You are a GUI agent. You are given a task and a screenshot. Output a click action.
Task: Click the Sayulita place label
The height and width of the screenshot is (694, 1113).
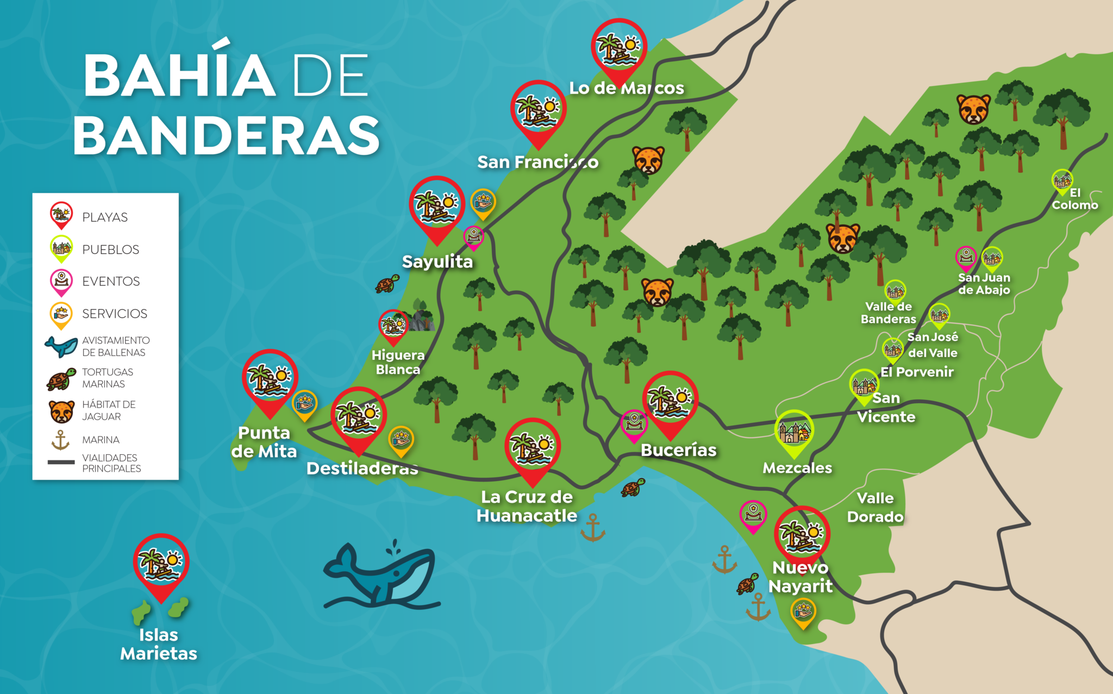pos(437,262)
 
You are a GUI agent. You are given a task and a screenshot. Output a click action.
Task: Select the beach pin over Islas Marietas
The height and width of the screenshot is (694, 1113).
pos(161,564)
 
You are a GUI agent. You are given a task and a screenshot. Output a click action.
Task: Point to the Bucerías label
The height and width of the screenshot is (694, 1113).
pos(678,450)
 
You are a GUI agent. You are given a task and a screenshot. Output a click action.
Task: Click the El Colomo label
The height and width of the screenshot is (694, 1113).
pos(1074,199)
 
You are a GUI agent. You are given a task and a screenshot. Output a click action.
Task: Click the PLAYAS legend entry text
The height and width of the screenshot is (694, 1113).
pos(105,217)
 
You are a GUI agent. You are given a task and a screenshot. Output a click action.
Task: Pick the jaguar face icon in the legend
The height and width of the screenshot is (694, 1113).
pos(61,411)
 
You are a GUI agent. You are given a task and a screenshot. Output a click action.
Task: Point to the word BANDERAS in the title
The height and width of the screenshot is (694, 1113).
pos(226,135)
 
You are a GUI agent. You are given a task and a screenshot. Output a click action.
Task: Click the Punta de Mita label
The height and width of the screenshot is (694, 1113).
pos(264,442)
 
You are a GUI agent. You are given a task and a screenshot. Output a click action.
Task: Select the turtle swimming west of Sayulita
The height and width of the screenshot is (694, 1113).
pos(387,284)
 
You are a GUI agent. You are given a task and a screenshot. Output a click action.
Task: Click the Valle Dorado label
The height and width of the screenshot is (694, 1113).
pos(875,507)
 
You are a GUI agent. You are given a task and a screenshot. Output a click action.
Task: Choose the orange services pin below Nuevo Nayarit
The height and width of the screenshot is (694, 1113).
pos(803,612)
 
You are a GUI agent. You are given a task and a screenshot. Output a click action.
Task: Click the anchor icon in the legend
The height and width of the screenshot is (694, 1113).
pos(60,440)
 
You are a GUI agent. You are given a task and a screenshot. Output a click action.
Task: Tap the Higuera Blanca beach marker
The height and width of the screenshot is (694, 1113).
pos(393,326)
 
